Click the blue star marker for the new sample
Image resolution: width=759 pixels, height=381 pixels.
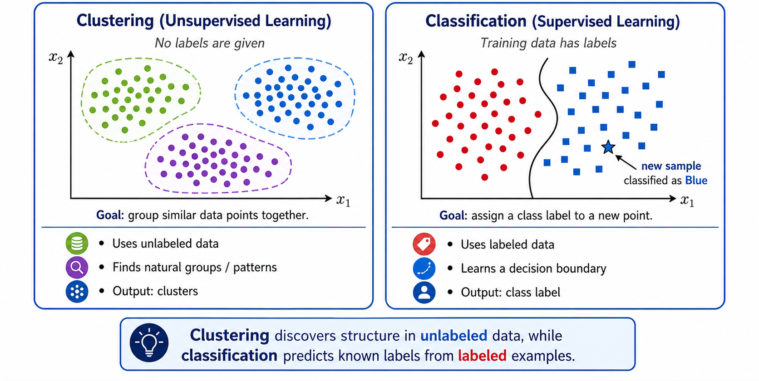tap(608, 147)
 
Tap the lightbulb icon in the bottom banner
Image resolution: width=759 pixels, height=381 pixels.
tap(149, 343)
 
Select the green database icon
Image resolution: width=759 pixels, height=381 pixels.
tap(77, 243)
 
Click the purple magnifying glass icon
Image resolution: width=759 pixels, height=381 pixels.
tap(77, 267)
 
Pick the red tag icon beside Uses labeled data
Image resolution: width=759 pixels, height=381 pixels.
tap(424, 244)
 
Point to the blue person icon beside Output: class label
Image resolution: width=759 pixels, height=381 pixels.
tap(424, 292)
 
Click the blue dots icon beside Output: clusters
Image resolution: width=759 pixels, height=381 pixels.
tap(77, 291)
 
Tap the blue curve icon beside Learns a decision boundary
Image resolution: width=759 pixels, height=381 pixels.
tap(424, 268)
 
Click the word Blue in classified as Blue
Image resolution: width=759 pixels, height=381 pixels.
tap(696, 181)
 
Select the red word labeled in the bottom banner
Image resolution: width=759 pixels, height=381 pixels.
tap(482, 356)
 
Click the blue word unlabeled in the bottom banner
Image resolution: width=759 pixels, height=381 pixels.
tap(453, 336)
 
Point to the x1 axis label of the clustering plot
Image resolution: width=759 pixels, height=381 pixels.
tap(343, 201)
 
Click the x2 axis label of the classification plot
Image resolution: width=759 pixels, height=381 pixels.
tap(405, 58)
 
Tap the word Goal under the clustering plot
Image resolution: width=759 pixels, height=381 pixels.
tap(110, 215)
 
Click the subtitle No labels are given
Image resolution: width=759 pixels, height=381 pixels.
tap(209, 43)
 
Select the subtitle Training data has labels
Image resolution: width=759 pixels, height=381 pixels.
tap(548, 43)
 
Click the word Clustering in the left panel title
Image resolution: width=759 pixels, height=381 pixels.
tap(115, 21)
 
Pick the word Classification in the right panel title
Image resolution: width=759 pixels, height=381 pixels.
tap(476, 21)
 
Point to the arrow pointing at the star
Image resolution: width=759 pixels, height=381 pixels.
tap(626, 162)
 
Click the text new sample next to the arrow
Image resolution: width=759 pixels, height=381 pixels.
tap(671, 166)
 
